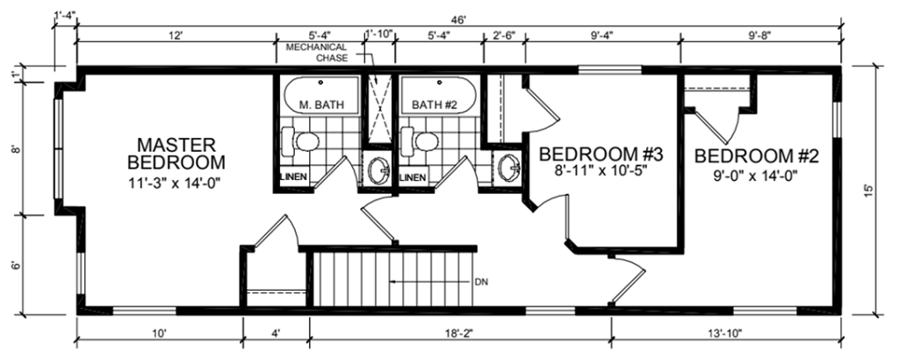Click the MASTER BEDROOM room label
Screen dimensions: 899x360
(x=176, y=153)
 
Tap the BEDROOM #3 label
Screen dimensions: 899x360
(x=601, y=155)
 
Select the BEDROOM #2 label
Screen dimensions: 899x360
(x=756, y=156)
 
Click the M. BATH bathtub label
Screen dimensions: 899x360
(x=321, y=104)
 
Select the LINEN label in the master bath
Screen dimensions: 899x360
(x=294, y=177)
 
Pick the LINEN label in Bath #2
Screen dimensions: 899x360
(x=413, y=177)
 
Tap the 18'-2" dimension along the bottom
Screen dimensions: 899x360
(x=460, y=333)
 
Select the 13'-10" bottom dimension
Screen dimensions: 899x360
(x=726, y=333)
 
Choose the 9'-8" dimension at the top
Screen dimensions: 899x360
(x=759, y=35)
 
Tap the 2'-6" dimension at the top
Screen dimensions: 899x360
(x=505, y=35)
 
